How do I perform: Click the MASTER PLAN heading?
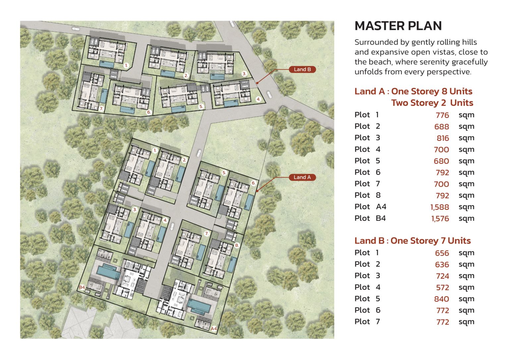coord(398,26)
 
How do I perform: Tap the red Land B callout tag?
coord(302,69)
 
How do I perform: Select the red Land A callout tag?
coord(302,177)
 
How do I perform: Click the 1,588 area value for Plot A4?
coord(440,207)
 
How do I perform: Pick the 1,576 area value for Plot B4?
coord(440,219)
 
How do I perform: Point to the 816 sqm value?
coord(443,138)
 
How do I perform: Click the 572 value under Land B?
coord(443,287)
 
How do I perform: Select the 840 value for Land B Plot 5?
coord(441,299)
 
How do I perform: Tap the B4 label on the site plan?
coord(82,287)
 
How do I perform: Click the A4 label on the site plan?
coord(214,329)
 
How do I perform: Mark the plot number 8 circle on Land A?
coord(237,245)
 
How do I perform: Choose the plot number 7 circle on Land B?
coord(101,109)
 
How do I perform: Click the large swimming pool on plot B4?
coord(108,272)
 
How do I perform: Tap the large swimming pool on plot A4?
coord(199,306)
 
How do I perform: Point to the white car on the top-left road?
coord(76,29)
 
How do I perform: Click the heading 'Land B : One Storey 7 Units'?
coord(413,241)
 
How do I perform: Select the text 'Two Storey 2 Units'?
coord(432,103)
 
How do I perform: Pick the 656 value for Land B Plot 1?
coord(442,253)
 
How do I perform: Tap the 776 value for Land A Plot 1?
coord(442,115)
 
